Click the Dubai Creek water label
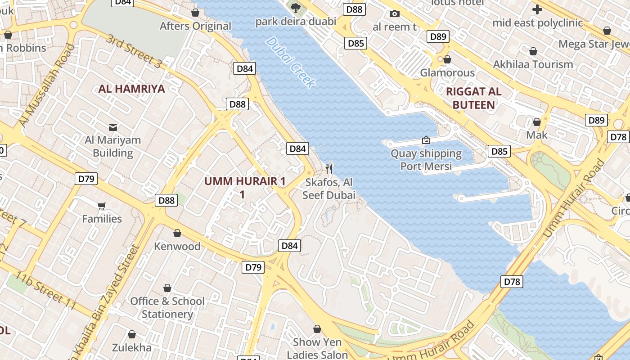291,62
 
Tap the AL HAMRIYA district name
132,89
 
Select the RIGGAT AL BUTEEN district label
473,99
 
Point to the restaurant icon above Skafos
329,169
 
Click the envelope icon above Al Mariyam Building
113,127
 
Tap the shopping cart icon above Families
102,206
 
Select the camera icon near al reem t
395,14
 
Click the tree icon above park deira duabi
296,8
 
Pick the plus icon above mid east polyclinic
537,9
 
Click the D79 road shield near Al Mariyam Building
86,179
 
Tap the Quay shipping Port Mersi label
426,160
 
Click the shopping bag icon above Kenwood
177,233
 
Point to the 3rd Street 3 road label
133,51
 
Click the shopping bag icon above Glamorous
447,59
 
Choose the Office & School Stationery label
167,307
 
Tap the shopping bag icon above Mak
536,122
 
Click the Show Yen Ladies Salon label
317,348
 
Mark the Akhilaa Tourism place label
533,64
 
